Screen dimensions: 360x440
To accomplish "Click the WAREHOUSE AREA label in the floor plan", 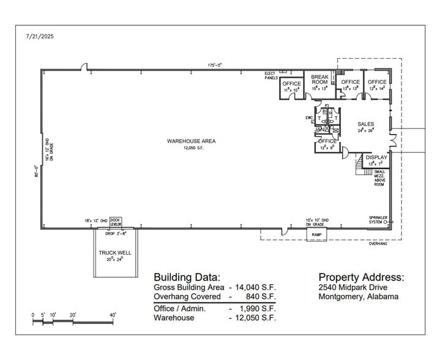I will coord(191,141).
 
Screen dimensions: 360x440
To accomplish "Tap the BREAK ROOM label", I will coord(319,79).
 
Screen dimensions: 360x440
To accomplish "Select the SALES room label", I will coord(365,124).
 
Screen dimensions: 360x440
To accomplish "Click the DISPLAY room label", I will coord(376,157).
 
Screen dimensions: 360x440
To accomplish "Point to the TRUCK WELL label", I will coord(115,252).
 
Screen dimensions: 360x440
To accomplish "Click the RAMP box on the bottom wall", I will coord(316,234).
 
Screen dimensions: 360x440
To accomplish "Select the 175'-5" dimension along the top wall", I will coord(214,65).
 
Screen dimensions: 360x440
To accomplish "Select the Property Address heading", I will coord(361,276).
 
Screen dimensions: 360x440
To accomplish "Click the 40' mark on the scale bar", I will coord(113,315).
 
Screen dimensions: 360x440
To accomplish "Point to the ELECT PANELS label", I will coord(271,76).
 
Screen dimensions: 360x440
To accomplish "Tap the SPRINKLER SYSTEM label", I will coord(377,220).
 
